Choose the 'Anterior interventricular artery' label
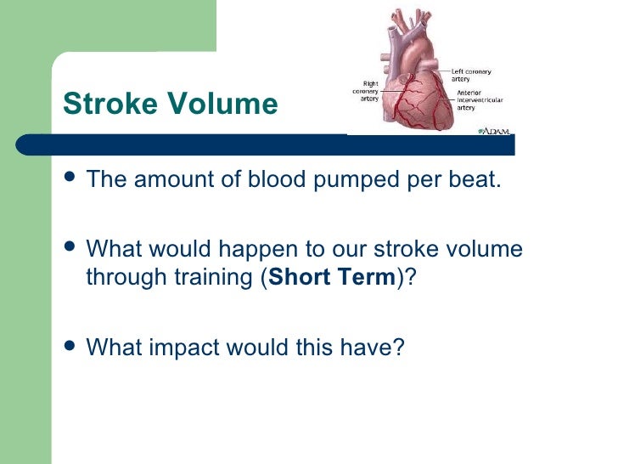click(x=480, y=100)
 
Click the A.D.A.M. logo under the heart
click(x=494, y=132)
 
